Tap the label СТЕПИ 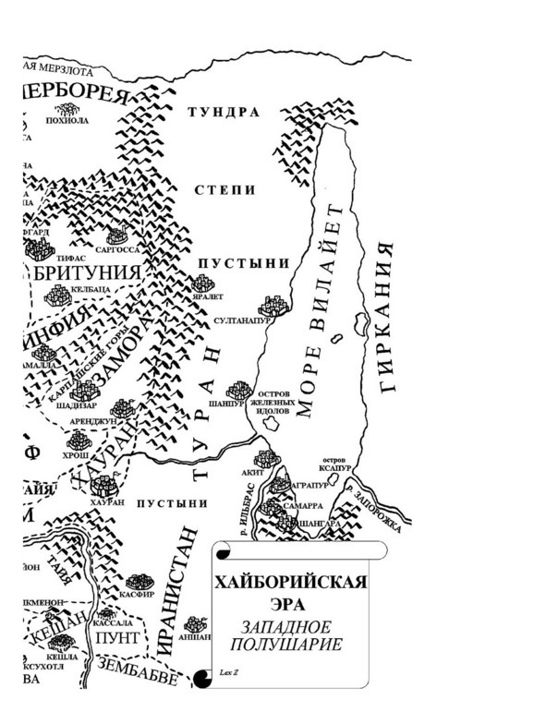[x=224, y=189]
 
